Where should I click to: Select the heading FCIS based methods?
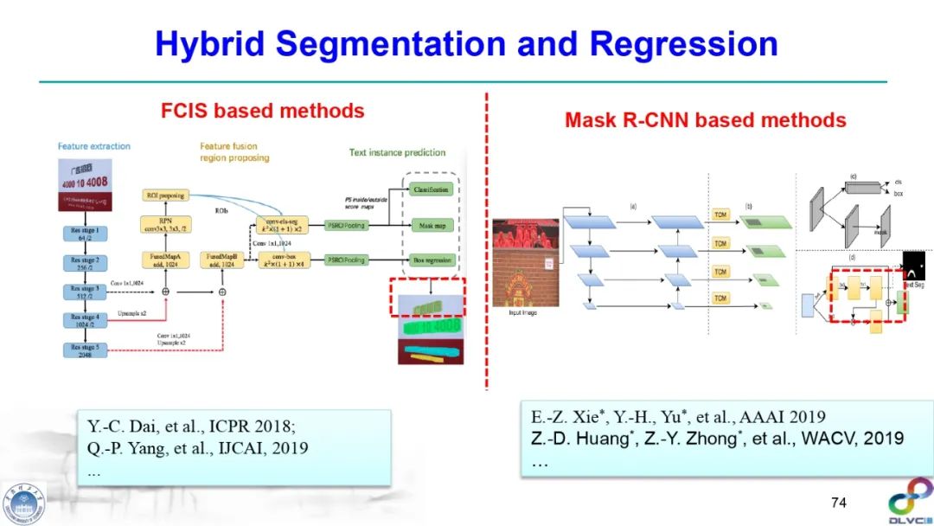[x=263, y=111]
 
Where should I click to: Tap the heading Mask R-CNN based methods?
[x=705, y=120]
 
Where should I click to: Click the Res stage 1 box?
[x=90, y=235]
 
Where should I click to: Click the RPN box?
[x=166, y=225]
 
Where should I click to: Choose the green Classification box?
[x=431, y=189]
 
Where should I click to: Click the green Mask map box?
[x=431, y=224]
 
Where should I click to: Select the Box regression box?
[x=431, y=260]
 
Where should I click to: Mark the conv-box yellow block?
[x=288, y=260]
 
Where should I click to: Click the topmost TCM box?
[x=720, y=214]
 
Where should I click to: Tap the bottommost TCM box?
[x=720, y=298]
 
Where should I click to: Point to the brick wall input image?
[x=526, y=263]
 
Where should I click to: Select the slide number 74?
[x=838, y=503]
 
